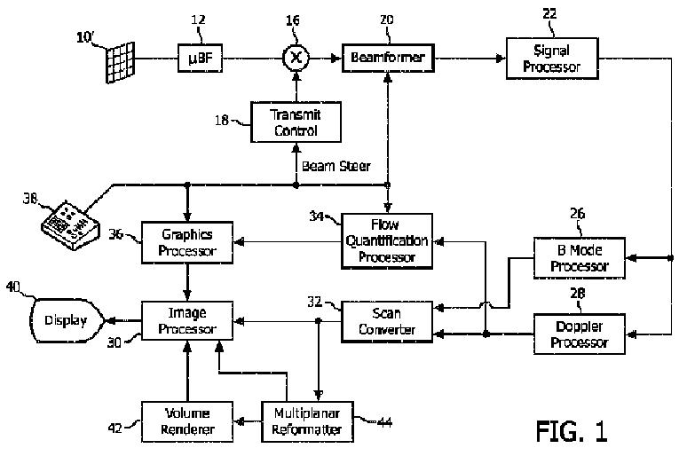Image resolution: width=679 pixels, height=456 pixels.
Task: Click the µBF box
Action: (x=200, y=58)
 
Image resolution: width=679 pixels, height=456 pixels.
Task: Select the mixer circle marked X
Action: (x=296, y=58)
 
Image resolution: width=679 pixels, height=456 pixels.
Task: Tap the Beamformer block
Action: (x=388, y=58)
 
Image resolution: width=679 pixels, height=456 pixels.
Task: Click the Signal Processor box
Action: (x=552, y=59)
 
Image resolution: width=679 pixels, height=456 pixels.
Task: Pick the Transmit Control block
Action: (x=296, y=122)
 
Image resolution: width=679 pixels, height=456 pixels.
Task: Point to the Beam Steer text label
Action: (x=336, y=166)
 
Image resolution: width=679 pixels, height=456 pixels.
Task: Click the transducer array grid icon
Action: (x=121, y=62)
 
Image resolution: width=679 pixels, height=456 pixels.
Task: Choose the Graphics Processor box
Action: (x=187, y=243)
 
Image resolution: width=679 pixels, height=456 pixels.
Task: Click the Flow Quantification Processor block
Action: (x=387, y=241)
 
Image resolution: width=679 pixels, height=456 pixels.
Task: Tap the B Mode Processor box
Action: (x=580, y=258)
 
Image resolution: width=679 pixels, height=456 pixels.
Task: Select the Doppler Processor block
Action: (x=580, y=334)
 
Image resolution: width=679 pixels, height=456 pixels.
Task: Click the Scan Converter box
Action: (x=387, y=322)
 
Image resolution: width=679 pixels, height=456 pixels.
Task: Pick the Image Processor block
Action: (x=187, y=320)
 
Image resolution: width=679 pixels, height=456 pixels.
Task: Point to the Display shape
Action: (x=67, y=320)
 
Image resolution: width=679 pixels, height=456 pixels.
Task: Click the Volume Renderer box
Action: (x=187, y=421)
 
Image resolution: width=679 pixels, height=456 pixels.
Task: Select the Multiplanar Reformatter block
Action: (x=307, y=421)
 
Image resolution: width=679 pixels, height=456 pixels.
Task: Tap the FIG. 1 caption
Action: (x=572, y=431)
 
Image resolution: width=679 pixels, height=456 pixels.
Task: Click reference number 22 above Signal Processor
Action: (x=549, y=14)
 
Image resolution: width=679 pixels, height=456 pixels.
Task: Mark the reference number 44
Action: (x=385, y=421)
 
